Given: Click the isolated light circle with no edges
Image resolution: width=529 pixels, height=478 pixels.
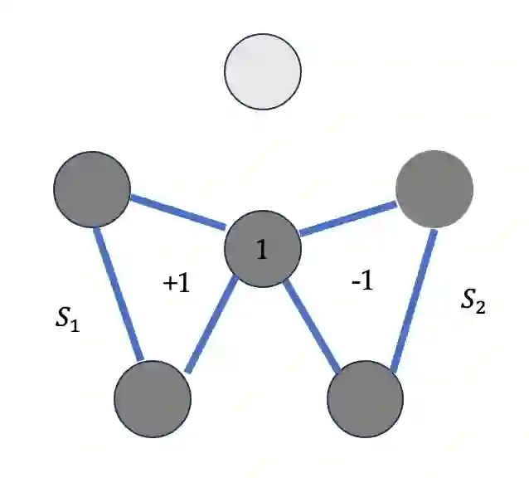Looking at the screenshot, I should (264, 71).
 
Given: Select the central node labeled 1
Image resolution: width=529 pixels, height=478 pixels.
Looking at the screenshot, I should (263, 249).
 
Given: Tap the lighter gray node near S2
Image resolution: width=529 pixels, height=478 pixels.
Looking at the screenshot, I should (434, 189).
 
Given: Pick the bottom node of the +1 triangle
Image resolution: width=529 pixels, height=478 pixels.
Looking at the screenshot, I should (153, 398).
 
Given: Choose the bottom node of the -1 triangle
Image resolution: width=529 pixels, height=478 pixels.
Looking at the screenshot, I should (366, 398).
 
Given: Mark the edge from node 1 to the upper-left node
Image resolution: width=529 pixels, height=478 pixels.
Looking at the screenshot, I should (178, 212).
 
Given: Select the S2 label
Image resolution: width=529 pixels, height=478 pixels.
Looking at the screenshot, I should (473, 301).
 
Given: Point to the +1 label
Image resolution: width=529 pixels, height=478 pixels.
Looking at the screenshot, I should (177, 283).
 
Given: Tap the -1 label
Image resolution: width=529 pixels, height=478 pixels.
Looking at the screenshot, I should (362, 281).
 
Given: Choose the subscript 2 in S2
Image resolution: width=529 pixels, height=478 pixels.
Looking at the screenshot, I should (481, 307).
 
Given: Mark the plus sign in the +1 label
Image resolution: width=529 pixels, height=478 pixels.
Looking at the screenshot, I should (169, 284).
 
